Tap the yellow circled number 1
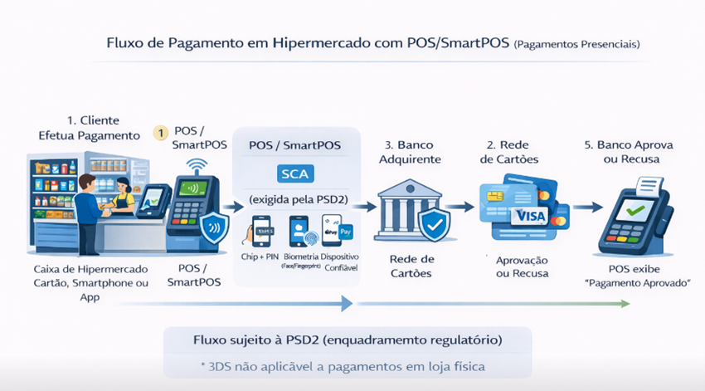(162, 133)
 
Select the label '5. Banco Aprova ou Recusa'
(639, 152)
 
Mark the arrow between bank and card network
(461, 208)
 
